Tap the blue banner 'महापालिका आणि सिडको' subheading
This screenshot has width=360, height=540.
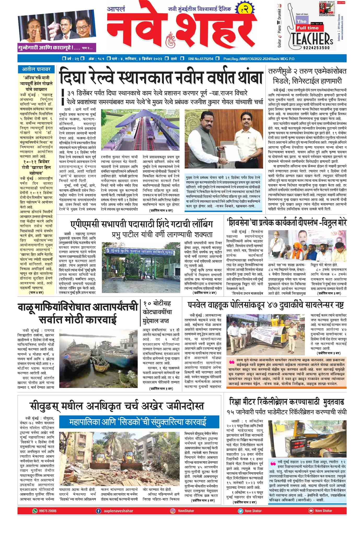tap(139, 422)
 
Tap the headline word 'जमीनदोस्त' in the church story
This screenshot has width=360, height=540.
tap(183, 407)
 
